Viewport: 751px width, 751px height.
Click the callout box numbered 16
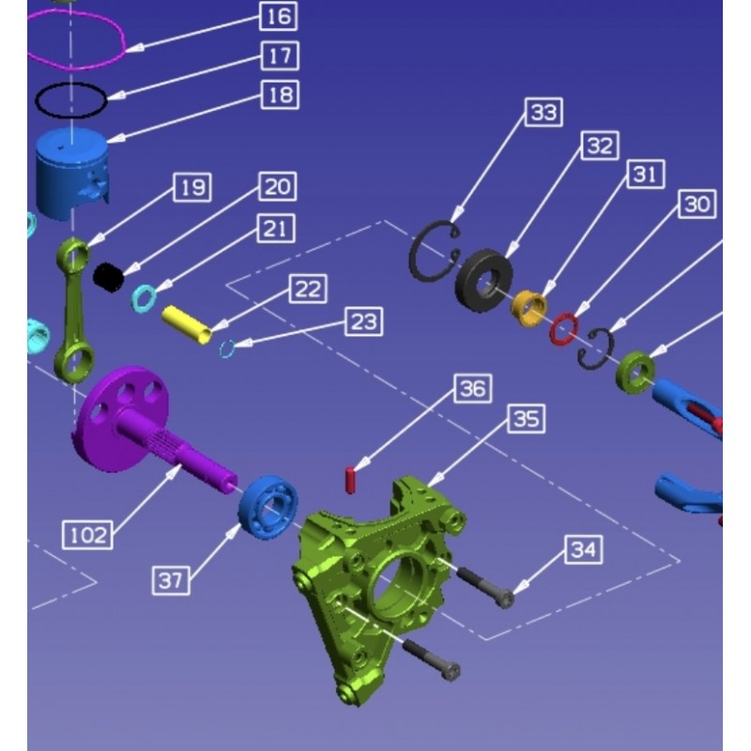278,16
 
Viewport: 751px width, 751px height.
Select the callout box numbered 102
88,534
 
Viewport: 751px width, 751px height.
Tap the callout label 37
171,580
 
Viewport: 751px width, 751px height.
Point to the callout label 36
473,389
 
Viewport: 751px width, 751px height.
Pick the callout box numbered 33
544,113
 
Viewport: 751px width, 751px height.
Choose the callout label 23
364,322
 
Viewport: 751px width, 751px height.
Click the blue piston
72,174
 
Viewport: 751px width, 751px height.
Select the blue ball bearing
268,507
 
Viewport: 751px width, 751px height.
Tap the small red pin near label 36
350,481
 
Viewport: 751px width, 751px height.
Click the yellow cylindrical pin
187,324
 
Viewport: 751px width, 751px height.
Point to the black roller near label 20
108,277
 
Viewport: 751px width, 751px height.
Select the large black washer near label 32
483,280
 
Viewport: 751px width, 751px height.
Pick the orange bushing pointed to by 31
529,309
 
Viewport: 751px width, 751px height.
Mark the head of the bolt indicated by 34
504,600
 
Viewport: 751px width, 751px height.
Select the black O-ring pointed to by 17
71,100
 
